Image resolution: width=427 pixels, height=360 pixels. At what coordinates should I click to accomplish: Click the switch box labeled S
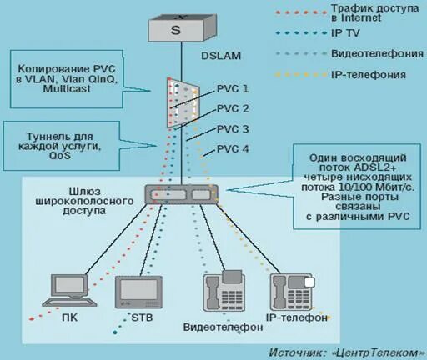pyautogui.click(x=182, y=27)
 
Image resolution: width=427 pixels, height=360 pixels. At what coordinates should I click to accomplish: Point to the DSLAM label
pyautogui.click(x=221, y=56)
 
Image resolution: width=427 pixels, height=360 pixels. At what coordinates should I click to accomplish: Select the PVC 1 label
pyautogui.click(x=233, y=89)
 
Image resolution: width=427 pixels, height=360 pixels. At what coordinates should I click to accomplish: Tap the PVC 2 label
pyautogui.click(x=233, y=108)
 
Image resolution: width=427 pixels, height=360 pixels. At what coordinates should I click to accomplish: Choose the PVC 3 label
pyautogui.click(x=233, y=129)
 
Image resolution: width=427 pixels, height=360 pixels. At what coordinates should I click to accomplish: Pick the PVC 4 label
pyautogui.click(x=233, y=149)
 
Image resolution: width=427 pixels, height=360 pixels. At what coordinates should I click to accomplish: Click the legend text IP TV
pyautogui.click(x=345, y=33)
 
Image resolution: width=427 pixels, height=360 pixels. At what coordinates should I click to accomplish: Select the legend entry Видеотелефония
pyautogui.click(x=377, y=53)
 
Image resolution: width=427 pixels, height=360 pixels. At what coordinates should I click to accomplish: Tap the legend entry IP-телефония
pyautogui.click(x=369, y=75)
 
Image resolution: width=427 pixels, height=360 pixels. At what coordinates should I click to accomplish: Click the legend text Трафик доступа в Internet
pyautogui.click(x=375, y=12)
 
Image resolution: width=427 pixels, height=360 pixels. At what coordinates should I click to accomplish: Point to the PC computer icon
pyautogui.click(x=70, y=290)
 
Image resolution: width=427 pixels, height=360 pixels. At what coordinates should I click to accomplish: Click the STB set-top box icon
pyautogui.click(x=139, y=292)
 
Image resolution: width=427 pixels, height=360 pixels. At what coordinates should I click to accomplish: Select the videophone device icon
pyautogui.click(x=224, y=291)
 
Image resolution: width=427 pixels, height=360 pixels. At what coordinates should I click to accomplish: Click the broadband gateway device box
pyautogui.click(x=182, y=195)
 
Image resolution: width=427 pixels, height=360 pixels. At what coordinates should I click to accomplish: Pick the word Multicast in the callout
pyautogui.click(x=67, y=88)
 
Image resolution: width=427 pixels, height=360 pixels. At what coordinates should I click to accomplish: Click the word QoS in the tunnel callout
pyautogui.click(x=60, y=155)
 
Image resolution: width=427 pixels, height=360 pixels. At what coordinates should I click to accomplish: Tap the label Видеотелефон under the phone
pyautogui.click(x=223, y=327)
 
